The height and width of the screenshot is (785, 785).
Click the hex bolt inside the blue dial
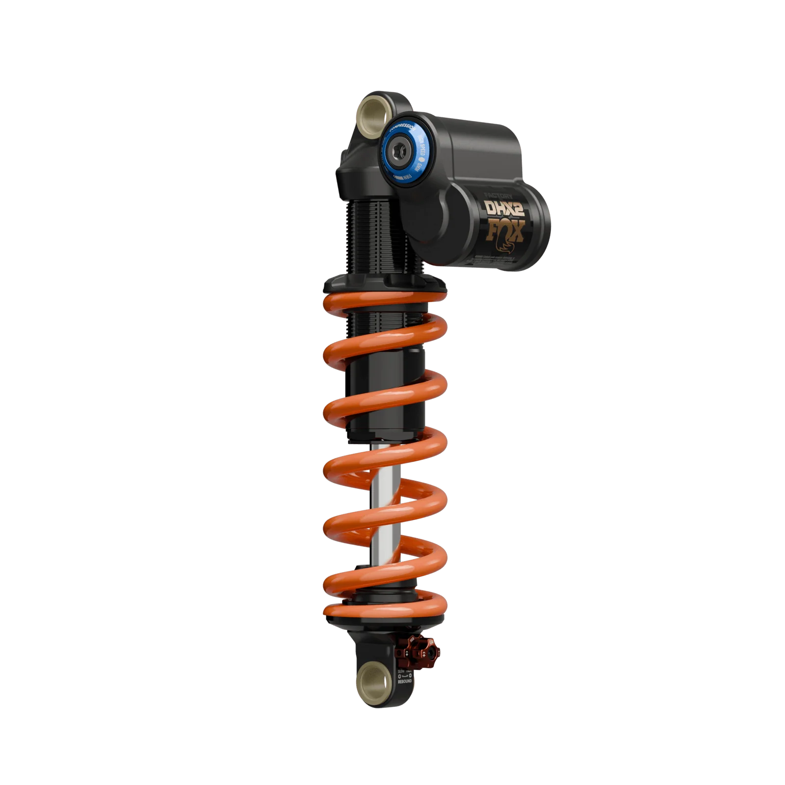402,154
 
